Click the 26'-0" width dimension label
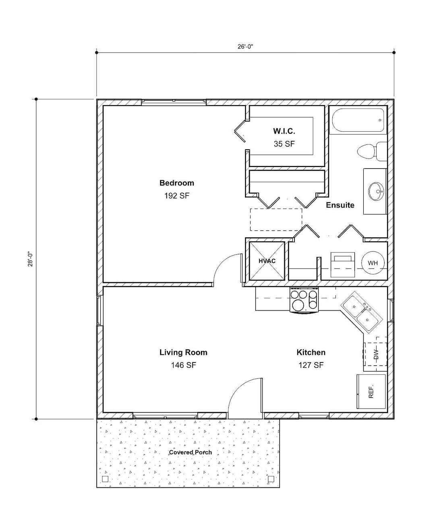pos(245,46)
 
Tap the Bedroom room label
pos(176,183)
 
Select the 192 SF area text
pos(176,196)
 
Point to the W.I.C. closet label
pos(284,131)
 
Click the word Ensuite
pos(340,205)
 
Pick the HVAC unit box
pos(267,261)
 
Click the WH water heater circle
pos(373,263)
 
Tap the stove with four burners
pos(304,300)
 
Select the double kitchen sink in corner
pos(361,313)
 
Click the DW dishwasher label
pos(376,354)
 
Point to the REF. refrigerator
pos(371,391)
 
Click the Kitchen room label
pos(311,353)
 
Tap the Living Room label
pos(183,353)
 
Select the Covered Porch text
pos(190,452)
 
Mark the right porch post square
pos(271,479)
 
